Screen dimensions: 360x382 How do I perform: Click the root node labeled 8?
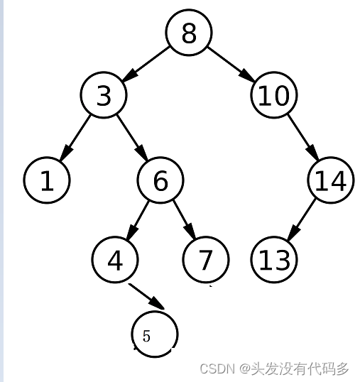189,33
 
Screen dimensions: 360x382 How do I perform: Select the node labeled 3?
104,95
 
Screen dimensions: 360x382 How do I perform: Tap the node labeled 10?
274,95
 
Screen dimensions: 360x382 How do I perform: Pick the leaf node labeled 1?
47,180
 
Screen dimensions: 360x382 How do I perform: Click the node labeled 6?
160,180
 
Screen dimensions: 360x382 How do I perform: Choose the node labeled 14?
331,180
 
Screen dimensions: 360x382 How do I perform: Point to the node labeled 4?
115,259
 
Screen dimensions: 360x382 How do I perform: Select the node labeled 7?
206,259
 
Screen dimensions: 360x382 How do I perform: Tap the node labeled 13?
274,259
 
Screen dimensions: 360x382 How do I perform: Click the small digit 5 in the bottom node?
146,336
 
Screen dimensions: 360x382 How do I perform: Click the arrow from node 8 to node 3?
146,64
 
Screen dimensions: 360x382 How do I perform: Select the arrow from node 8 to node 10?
231,64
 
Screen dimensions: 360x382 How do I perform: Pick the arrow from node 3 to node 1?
75,138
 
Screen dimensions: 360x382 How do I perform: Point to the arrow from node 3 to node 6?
132,138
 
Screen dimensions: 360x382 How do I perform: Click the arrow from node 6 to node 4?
137,220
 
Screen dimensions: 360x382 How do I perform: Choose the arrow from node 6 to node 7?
185,219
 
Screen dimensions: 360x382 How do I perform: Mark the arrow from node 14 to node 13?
302,219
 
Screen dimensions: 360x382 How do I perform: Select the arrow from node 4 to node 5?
147,297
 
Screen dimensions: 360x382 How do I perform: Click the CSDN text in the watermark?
217,369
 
